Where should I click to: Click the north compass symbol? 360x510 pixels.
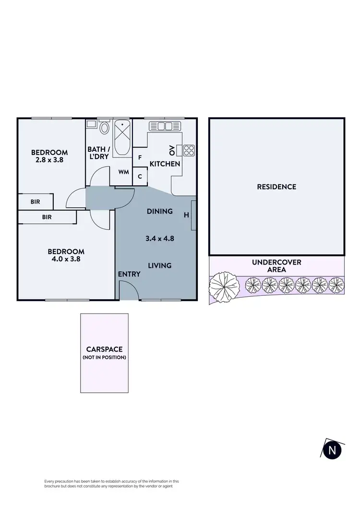tap(331, 450)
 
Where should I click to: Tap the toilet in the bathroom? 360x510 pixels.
tap(105, 128)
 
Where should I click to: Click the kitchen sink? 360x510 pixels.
tap(164, 126)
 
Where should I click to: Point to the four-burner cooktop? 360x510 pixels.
tap(189, 150)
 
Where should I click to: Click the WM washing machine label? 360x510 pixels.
tap(123, 172)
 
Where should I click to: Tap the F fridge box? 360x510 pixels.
tap(140, 157)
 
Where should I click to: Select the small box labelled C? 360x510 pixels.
tap(140, 176)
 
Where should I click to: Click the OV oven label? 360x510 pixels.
tap(172, 150)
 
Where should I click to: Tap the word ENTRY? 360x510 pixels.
tap(129, 274)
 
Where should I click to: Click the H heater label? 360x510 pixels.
tap(186, 215)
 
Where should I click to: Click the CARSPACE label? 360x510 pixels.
tap(104, 350)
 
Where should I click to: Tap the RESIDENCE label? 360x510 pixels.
tap(276, 187)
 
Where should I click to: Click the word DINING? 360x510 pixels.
tap(159, 211)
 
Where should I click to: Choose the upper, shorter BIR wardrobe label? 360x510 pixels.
tap(35, 202)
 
